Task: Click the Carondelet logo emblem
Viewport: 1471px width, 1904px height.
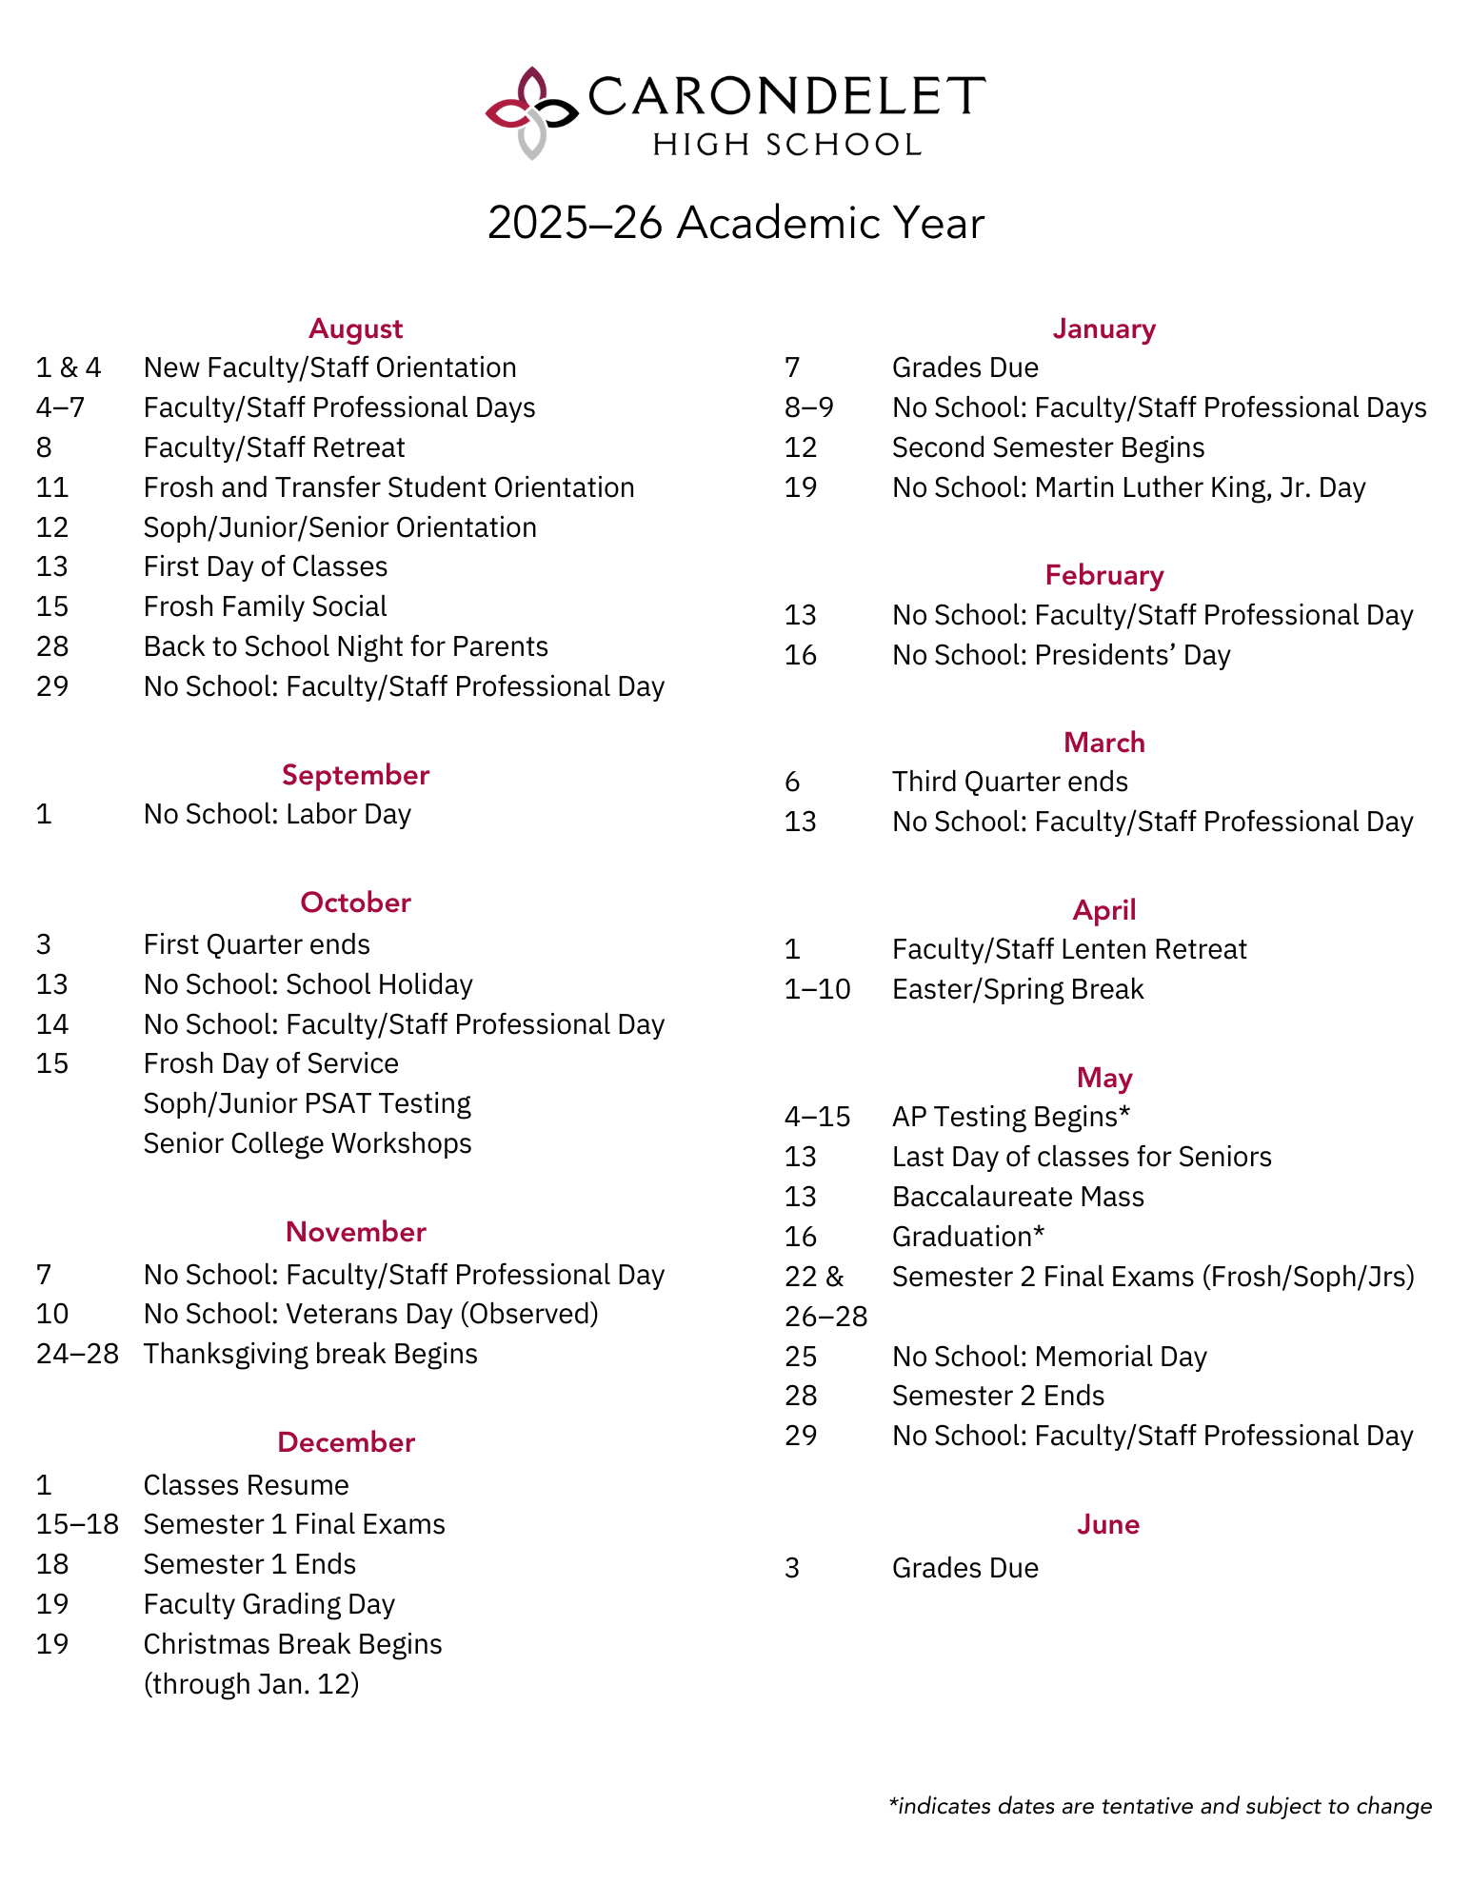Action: click(531, 112)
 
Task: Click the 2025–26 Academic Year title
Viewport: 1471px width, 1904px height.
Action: click(735, 224)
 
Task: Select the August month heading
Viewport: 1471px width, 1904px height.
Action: click(355, 328)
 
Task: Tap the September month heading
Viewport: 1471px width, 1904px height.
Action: click(355, 775)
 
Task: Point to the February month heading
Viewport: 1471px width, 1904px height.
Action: click(1104, 575)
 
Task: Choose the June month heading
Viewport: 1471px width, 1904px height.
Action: click(1108, 1524)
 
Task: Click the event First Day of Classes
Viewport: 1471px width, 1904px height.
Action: click(266, 566)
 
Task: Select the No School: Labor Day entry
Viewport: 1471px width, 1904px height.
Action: click(277, 814)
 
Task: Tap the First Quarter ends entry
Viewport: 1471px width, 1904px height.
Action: click(256, 944)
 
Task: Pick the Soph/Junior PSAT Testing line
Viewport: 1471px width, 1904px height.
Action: click(307, 1103)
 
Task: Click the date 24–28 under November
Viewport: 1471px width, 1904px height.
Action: click(77, 1354)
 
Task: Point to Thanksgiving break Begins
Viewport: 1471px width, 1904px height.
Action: click(310, 1354)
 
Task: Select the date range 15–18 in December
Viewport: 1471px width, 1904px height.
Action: click(77, 1524)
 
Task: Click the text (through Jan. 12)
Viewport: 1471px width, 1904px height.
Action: click(251, 1684)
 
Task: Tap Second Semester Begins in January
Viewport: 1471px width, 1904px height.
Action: click(1048, 447)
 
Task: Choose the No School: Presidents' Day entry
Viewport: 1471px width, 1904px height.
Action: click(1061, 655)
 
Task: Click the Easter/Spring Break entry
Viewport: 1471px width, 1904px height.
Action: click(1018, 989)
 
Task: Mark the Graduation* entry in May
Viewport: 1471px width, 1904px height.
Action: click(968, 1237)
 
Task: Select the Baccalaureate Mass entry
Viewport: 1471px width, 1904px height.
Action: click(1018, 1197)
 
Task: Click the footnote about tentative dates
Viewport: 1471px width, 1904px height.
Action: click(1160, 1806)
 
